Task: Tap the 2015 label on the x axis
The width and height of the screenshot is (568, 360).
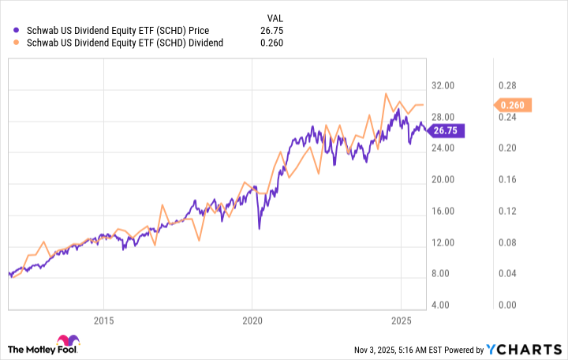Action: (103, 321)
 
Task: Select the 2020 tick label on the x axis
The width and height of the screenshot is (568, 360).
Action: (252, 321)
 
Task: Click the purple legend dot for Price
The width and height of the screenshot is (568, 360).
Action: (17, 30)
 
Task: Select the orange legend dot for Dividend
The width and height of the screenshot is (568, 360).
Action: (17, 43)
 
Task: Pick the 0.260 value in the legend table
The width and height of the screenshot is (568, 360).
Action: (271, 43)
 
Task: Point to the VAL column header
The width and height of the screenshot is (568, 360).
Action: (271, 17)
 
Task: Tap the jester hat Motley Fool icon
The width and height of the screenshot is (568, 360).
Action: (15, 348)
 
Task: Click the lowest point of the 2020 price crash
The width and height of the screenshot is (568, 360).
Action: (260, 229)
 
